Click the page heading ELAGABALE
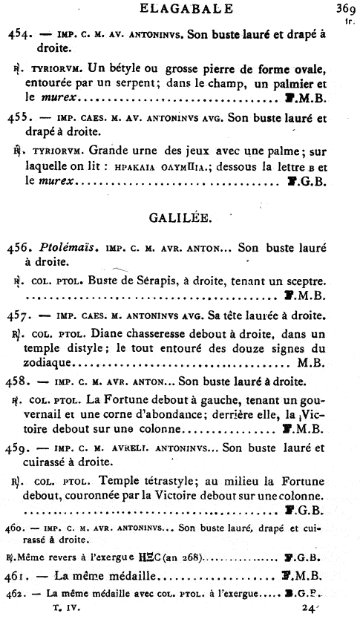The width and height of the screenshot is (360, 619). coord(180,9)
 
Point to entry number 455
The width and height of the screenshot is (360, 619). coord(21,117)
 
